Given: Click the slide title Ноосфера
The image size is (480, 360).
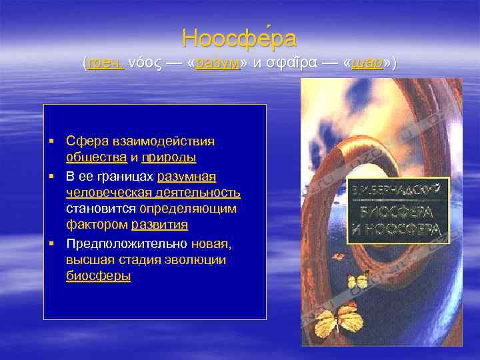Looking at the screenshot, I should tap(239, 39).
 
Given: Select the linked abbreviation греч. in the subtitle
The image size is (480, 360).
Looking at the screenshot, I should tap(105, 63).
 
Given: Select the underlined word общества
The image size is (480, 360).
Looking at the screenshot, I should tap(96, 158).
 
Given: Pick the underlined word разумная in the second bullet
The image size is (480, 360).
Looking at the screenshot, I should tap(187, 175).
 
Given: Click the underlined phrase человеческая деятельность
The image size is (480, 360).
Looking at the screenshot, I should tap(153, 192).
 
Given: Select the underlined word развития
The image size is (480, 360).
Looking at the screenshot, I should tap(159, 225).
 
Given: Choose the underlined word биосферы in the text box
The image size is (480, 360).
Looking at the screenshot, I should tap(99, 276).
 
